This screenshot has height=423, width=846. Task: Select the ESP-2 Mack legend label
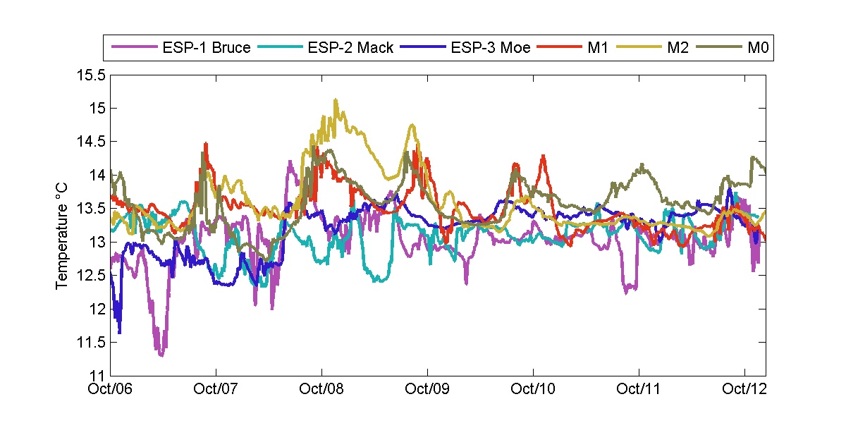tap(350, 48)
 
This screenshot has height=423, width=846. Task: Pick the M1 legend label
tap(598, 48)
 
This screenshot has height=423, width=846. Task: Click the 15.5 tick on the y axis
tap(92, 75)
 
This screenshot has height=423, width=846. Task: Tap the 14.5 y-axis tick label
tap(92, 142)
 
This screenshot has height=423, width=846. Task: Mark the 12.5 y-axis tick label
tap(92, 276)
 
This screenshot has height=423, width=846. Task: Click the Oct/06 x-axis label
tap(111, 388)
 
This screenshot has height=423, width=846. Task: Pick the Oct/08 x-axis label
tap(321, 388)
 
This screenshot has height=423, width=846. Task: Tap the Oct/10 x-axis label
tap(533, 388)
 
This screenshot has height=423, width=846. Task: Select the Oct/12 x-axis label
tap(744, 388)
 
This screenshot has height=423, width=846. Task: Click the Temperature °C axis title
tap(63, 243)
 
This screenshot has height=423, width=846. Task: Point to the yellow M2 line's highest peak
tap(336, 100)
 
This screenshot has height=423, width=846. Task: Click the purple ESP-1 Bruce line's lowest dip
tap(161, 355)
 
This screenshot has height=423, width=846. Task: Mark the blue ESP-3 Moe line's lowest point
tap(120, 332)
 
